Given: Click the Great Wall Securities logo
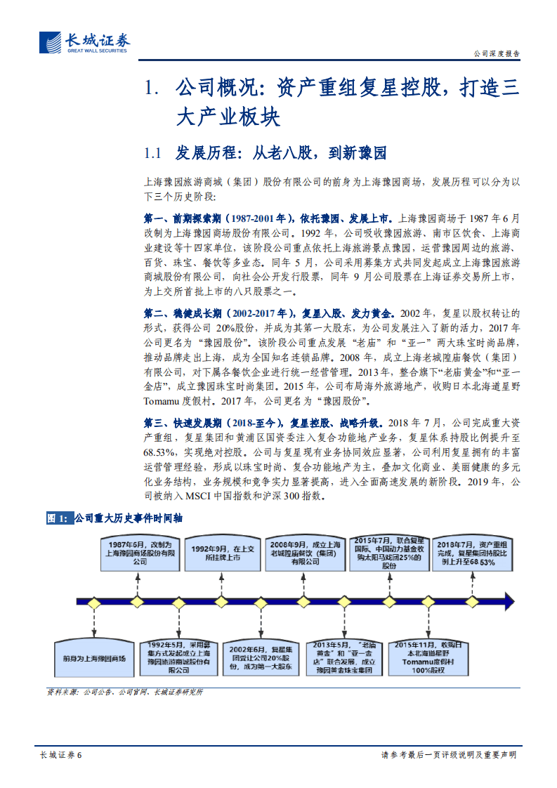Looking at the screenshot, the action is pyautogui.click(x=84, y=42).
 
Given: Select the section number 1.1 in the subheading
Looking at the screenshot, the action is pyautogui.click(x=153, y=152).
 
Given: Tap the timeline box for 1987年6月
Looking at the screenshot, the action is pyautogui.click(x=138, y=553).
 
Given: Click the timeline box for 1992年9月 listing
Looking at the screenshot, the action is pyautogui.click(x=222, y=553).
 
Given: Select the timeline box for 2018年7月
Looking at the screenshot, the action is pyautogui.click(x=472, y=553).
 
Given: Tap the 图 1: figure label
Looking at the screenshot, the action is pyautogui.click(x=58, y=518).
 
